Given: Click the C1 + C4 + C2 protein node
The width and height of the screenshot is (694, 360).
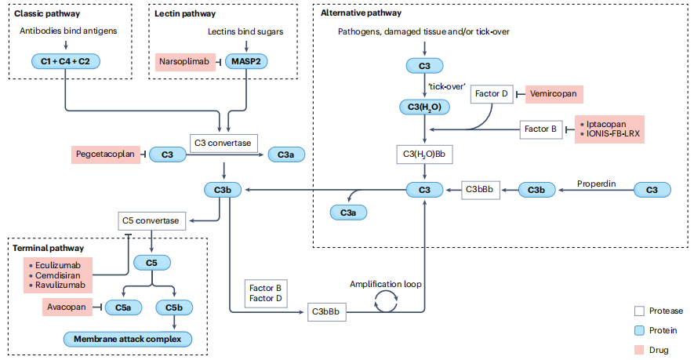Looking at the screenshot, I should coord(66,60).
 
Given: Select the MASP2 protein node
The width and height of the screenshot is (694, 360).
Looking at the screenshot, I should coord(245,60).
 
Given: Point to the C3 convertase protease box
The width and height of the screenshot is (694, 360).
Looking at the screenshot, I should coord(224,142).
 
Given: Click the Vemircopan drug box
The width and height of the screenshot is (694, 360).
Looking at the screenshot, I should coord(554,94).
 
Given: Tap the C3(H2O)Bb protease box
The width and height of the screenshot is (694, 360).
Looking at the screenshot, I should coord(424,154).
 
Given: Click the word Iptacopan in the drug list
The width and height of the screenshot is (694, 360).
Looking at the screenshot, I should coord(604,124).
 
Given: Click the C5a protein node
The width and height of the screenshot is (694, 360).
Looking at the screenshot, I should coord(123,307).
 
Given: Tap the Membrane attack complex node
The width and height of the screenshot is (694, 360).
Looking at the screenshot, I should coord(127,339).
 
